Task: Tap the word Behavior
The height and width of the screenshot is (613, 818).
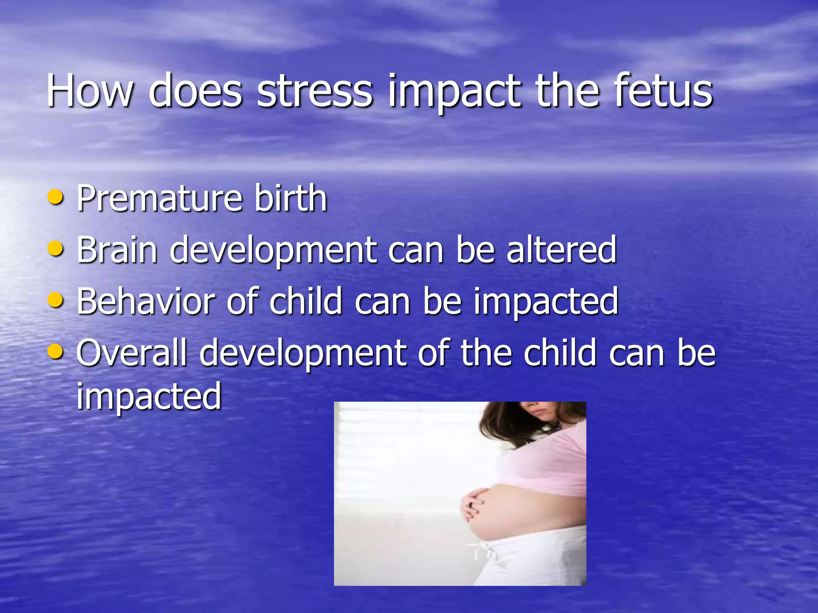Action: coord(146,301)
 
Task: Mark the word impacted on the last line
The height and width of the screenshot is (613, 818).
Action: coord(149,397)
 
